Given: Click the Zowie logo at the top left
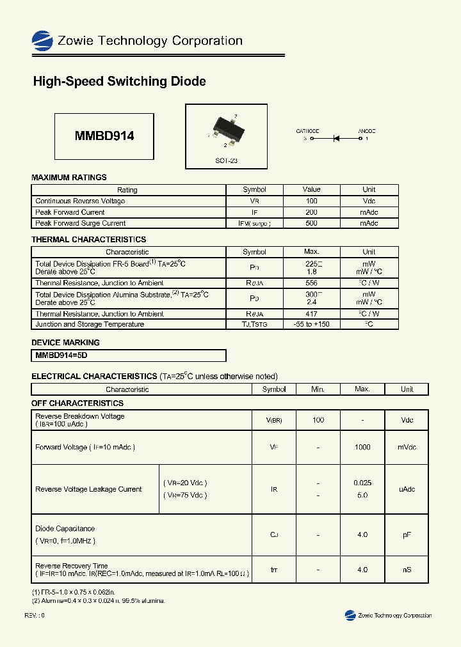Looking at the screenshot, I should tap(42, 41).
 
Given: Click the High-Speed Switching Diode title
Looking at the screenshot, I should tap(119, 82).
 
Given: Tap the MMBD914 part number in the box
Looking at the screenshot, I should tap(104, 136).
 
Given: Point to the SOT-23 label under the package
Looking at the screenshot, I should tap(226, 161).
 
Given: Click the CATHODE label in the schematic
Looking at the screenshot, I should tap(307, 130).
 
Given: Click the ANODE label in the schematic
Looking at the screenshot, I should tap(366, 130).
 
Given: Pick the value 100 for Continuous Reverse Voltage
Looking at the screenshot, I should tap(311, 201).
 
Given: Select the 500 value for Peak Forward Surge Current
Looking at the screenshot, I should tap(311, 223).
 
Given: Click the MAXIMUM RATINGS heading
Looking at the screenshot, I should tap(69, 177).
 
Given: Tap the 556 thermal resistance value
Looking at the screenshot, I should tap(311, 283).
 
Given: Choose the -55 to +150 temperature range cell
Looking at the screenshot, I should tap(311, 324).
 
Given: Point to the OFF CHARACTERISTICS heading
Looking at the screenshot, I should tap(77, 403).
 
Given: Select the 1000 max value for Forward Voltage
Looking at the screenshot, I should tap(362, 448).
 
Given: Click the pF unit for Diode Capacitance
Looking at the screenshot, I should tap(407, 534).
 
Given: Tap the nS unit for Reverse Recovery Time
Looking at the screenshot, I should tap(407, 570).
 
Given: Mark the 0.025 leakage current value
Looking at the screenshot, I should tap(362, 483).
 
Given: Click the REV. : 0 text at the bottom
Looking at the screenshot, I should tap(35, 615).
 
